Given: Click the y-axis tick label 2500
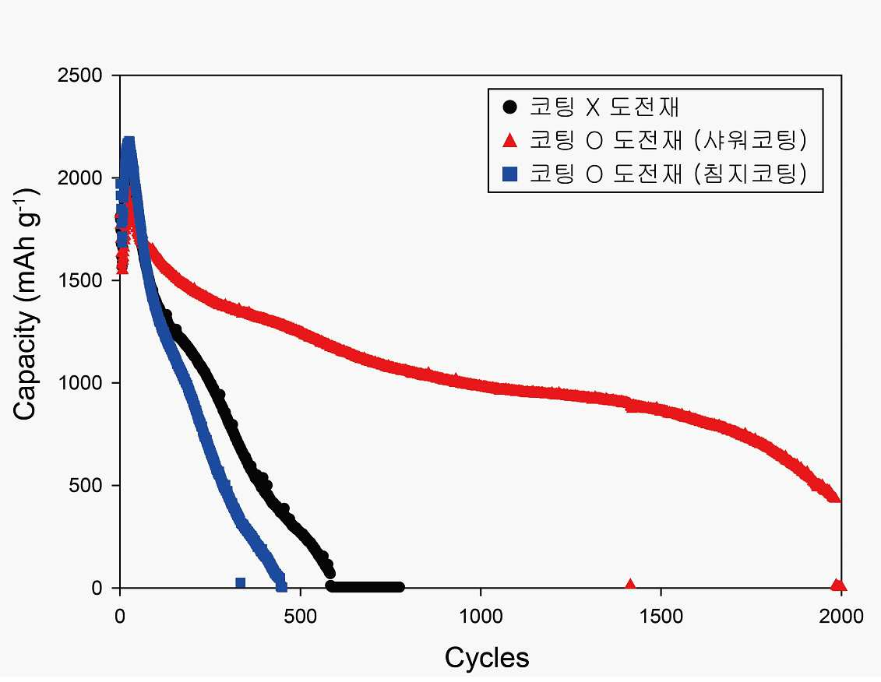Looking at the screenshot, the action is tap(79, 76).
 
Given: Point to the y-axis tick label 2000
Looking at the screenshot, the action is tap(79, 178).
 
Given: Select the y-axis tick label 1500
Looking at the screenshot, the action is tap(79, 280).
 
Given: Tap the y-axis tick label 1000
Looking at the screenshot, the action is tap(79, 383).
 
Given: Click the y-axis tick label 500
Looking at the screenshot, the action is tap(86, 485).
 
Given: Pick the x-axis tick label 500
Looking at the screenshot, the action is tap(300, 617).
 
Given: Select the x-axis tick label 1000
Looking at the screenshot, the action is tap(481, 617).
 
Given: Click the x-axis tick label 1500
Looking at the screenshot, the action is tap(661, 617).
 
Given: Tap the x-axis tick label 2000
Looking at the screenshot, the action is tap(841, 617).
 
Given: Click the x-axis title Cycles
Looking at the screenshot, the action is tap(487, 658).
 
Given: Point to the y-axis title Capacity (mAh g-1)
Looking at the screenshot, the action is tap(25, 304).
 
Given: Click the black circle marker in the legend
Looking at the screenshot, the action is tap(509, 107).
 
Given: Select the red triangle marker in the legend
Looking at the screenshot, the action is tap(509, 140).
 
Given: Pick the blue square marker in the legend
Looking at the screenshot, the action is tap(509, 174).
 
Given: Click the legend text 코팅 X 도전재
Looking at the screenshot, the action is tap(604, 107).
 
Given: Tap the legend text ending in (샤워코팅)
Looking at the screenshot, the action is tap(668, 140).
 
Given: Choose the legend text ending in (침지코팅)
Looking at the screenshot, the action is tap(668, 174).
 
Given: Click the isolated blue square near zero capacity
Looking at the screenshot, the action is tap(241, 583).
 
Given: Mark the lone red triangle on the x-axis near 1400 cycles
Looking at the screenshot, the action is tap(630, 584).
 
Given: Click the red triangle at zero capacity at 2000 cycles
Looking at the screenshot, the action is tap(838, 584).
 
